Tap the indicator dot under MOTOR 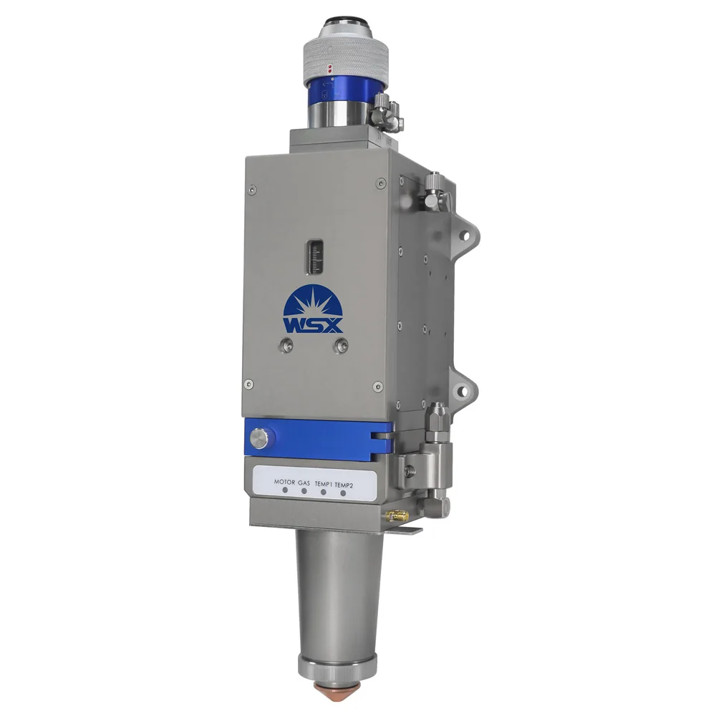click(x=285, y=493)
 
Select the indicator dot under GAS click(x=304, y=493)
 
